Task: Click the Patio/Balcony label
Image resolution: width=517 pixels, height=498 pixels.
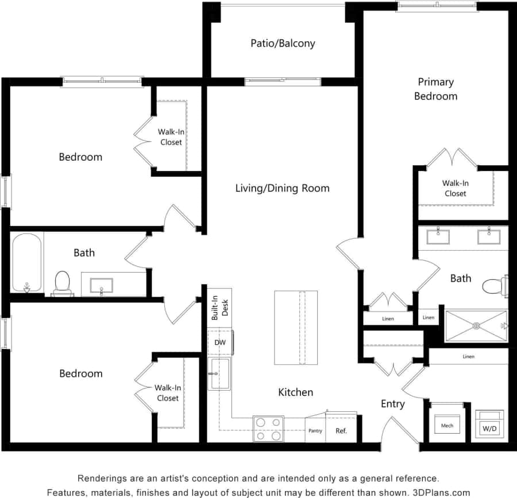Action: point(283,43)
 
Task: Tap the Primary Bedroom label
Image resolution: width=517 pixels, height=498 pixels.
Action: point(435,89)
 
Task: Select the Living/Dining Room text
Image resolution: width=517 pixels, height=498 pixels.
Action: point(283,188)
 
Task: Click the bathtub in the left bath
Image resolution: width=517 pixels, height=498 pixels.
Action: point(27,263)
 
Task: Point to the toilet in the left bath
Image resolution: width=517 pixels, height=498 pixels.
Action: point(62,282)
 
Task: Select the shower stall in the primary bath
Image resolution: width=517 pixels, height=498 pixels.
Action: point(476,326)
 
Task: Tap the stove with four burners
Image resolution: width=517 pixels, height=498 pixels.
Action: point(268,429)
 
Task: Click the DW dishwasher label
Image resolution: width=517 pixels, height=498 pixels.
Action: point(220,343)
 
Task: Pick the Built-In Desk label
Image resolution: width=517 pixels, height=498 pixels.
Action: point(220,309)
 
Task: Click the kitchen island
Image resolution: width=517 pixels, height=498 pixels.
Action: point(296,328)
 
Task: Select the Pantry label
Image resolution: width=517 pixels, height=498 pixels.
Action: point(315,431)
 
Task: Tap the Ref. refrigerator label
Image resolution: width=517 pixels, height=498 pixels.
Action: point(341,431)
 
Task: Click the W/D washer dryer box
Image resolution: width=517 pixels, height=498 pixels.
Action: point(489,425)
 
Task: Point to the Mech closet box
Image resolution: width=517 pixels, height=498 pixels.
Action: point(447,424)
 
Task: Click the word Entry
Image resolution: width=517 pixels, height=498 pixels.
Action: point(393,404)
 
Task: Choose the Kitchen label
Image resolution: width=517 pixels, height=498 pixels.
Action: point(296,392)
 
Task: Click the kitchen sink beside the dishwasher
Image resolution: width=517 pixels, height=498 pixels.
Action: point(219,373)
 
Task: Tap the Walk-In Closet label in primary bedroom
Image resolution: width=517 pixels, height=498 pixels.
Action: point(456,188)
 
